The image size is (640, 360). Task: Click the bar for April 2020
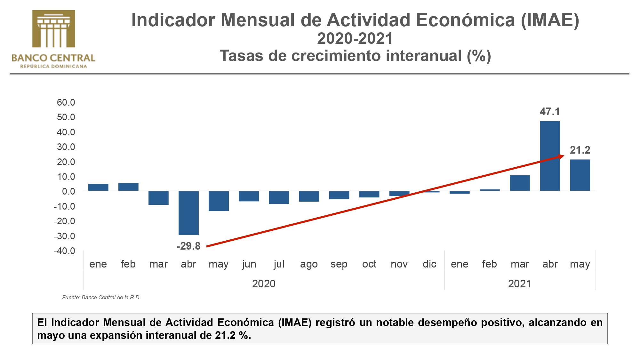[188, 213]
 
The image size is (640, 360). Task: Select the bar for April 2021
[550, 156]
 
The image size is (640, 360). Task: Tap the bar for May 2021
[580, 175]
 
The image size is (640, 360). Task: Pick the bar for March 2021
[520, 183]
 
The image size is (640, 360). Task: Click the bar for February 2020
[128, 187]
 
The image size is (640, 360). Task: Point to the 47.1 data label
[550, 112]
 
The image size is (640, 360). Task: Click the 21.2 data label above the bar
[580, 150]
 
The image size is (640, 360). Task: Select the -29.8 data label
[188, 246]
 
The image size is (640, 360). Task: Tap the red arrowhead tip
[563, 156]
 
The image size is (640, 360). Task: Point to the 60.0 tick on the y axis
[66, 102]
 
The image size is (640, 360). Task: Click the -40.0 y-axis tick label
[65, 251]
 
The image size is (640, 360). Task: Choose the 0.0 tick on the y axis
[68, 191]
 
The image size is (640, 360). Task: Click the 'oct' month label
[369, 264]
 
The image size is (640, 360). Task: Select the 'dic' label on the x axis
[429, 264]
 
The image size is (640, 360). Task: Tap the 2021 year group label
[519, 284]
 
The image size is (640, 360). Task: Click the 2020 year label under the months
[264, 284]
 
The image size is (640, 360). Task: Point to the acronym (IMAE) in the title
[550, 20]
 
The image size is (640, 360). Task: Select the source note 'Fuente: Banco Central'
[101, 297]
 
